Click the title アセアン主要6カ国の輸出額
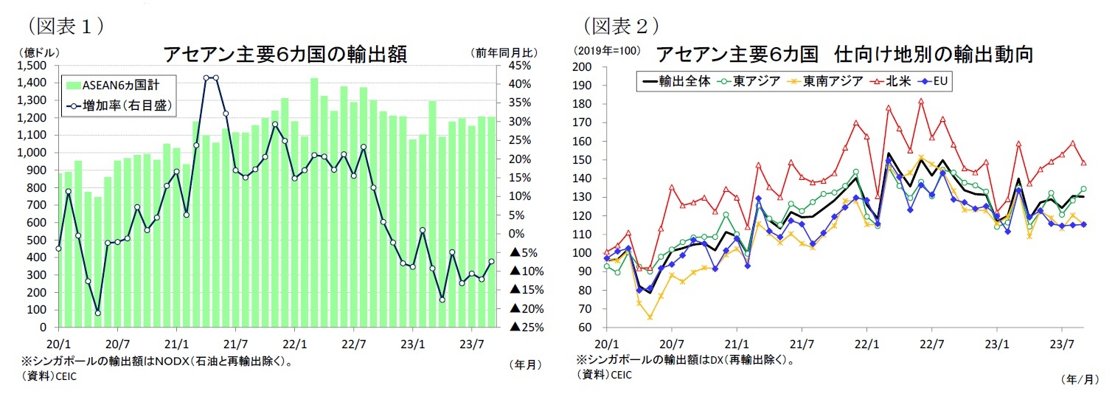tap(285, 55)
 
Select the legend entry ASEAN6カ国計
tap(118, 85)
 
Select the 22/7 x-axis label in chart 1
tap(353, 343)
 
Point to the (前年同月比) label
tap(504, 52)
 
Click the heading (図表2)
tap(621, 25)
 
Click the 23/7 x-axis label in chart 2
tap(1061, 343)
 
